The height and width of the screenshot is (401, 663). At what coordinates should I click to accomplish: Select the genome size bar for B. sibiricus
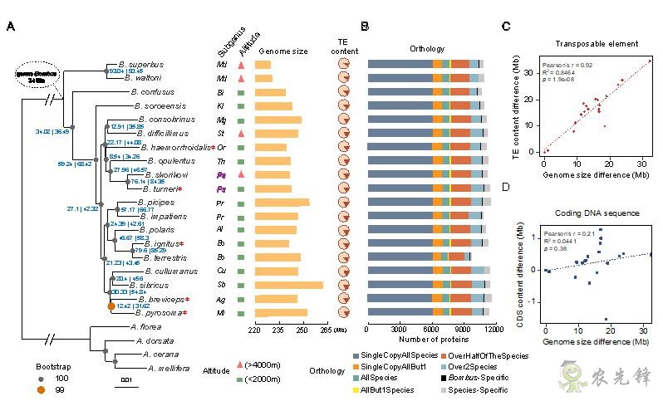pyautogui.click(x=288, y=285)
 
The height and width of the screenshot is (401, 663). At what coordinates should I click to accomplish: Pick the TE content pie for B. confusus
pyautogui.click(x=343, y=92)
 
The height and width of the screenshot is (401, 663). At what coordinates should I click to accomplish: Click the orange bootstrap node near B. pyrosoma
pyautogui.click(x=111, y=306)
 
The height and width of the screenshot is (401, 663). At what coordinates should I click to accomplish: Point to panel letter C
pyautogui.click(x=507, y=27)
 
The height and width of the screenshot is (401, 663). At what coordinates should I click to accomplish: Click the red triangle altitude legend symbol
pyautogui.click(x=240, y=365)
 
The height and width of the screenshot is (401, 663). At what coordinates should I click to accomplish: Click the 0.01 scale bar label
pyautogui.click(x=125, y=380)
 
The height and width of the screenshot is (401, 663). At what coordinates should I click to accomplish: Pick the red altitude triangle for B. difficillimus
pyautogui.click(x=240, y=133)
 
